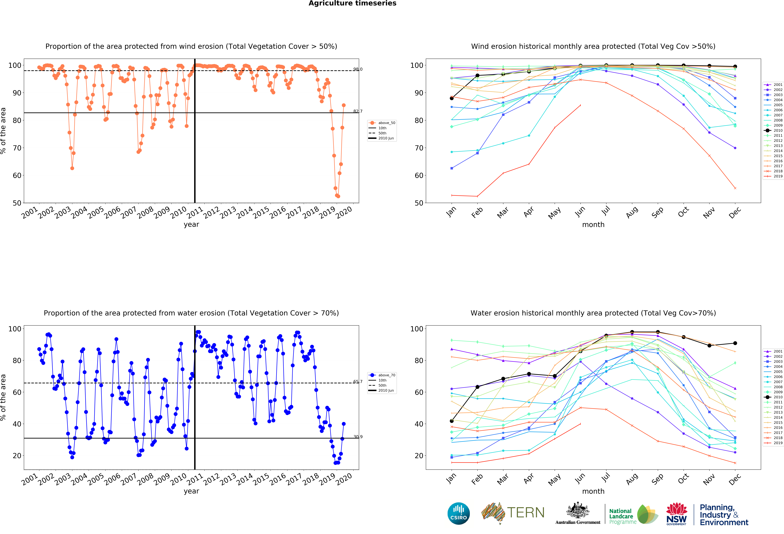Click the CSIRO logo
(458, 513)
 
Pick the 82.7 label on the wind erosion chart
(358, 111)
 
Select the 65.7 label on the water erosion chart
(358, 382)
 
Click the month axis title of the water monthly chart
(593, 491)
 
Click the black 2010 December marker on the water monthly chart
(735, 343)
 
